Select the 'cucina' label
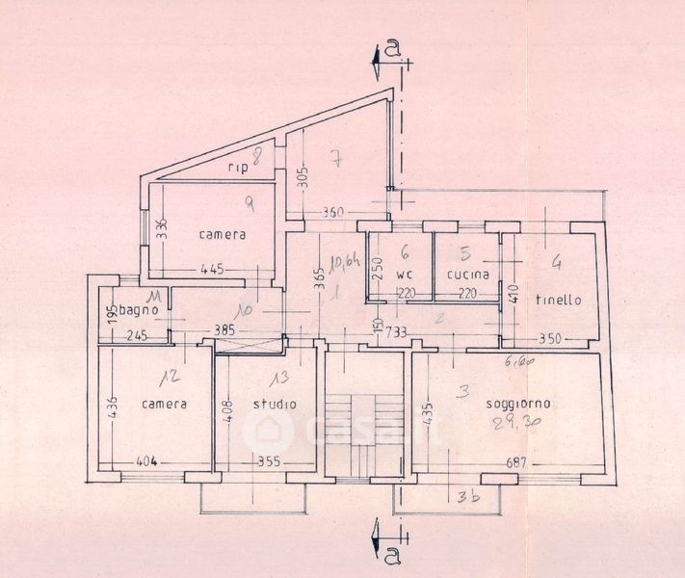tap(468, 275)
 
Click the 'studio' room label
tap(275, 404)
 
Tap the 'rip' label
tap(238, 168)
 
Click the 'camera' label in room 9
tap(223, 234)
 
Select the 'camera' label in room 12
tap(164, 404)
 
